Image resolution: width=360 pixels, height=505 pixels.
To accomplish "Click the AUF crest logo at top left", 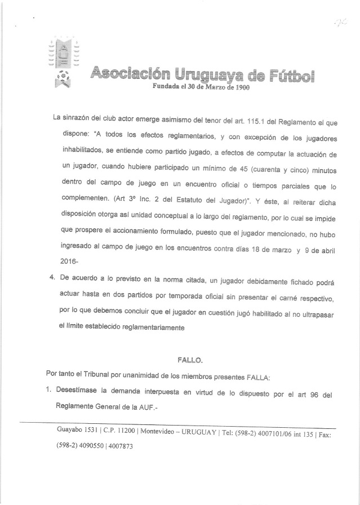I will [x=61, y=63].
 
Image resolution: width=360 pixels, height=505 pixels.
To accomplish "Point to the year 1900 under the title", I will [x=239, y=87].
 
